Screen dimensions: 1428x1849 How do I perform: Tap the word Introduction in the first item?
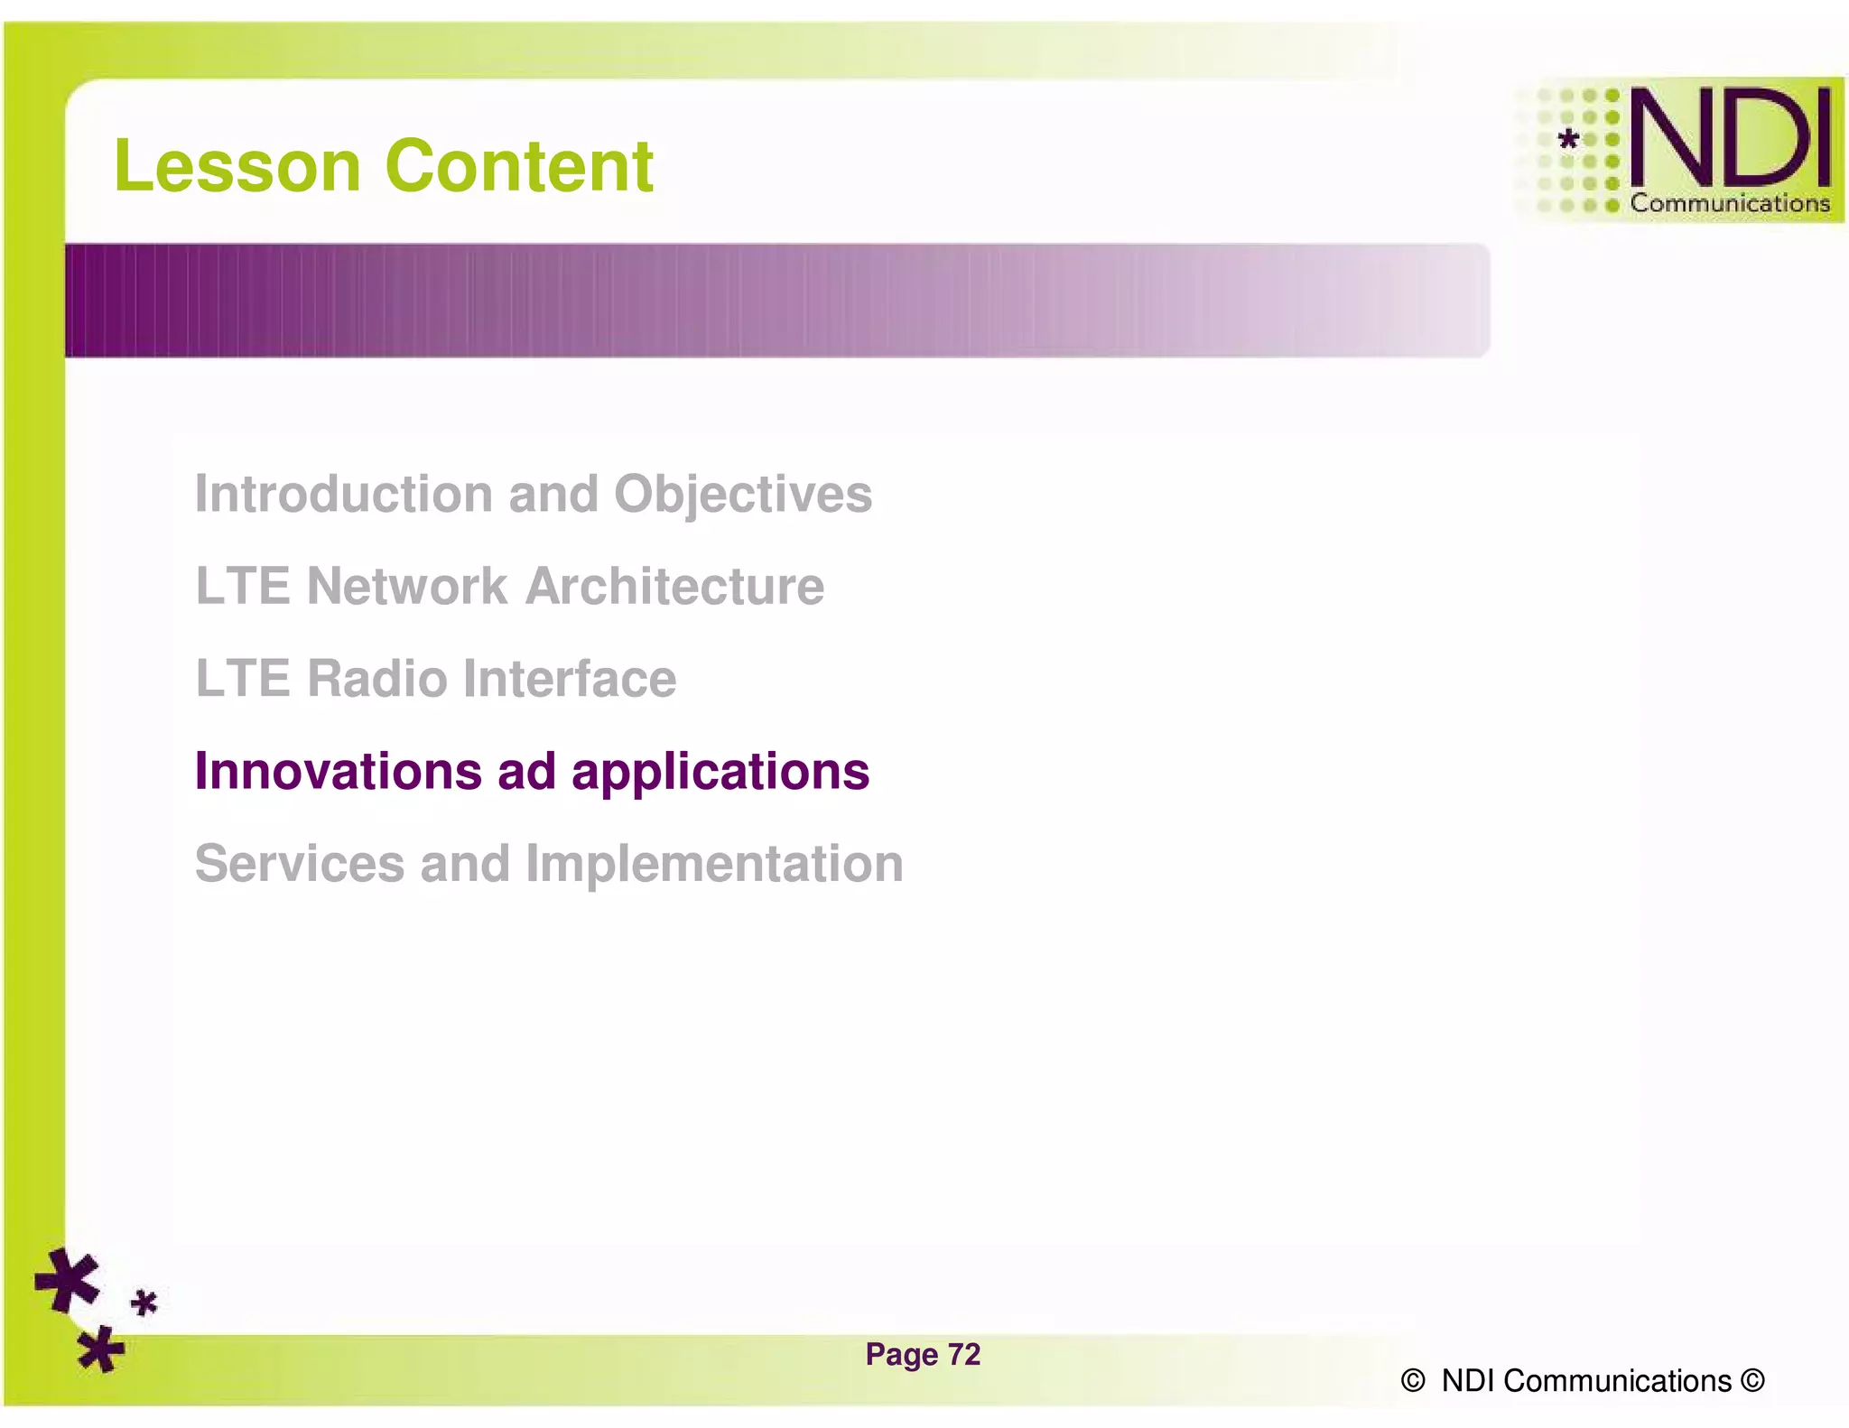coord(345,494)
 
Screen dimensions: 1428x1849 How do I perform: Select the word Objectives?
coord(742,496)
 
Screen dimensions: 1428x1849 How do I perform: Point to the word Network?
coord(406,587)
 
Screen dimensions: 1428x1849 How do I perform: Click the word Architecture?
coord(674,587)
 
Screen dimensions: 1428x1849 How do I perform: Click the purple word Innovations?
coord(338,771)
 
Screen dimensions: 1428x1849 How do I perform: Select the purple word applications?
coord(720,773)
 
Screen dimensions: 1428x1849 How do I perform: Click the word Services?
coord(299,863)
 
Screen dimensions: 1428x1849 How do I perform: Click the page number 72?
coord(964,1354)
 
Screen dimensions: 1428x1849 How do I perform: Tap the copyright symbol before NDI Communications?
coord(1412,1381)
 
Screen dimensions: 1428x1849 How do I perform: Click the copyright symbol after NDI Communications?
coord(1751,1381)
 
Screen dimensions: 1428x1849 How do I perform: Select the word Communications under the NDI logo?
coord(1729,203)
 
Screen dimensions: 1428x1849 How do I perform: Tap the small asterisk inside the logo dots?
coord(1569,139)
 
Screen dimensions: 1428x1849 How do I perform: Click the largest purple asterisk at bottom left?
coord(67,1280)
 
